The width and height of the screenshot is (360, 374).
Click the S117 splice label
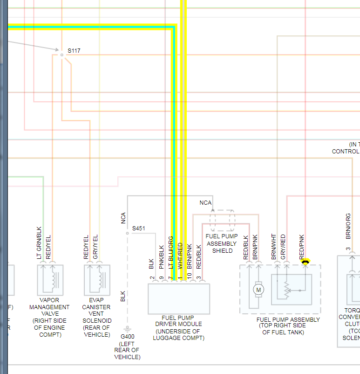(74, 50)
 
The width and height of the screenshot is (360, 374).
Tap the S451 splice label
(139, 229)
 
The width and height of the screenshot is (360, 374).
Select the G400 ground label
(127, 336)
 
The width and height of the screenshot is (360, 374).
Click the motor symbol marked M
(258, 290)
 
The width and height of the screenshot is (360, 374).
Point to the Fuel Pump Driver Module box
(179, 298)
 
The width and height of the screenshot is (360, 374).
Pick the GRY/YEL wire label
(95, 247)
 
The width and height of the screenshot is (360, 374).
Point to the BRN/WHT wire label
(274, 247)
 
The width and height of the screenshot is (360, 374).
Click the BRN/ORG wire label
(348, 227)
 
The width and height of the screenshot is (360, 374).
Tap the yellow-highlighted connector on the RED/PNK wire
(306, 263)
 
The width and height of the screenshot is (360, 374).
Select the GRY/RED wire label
(283, 247)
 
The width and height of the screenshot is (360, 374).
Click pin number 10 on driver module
(189, 278)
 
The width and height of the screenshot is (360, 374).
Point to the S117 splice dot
(61, 55)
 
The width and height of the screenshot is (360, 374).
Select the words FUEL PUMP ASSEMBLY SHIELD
(222, 243)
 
